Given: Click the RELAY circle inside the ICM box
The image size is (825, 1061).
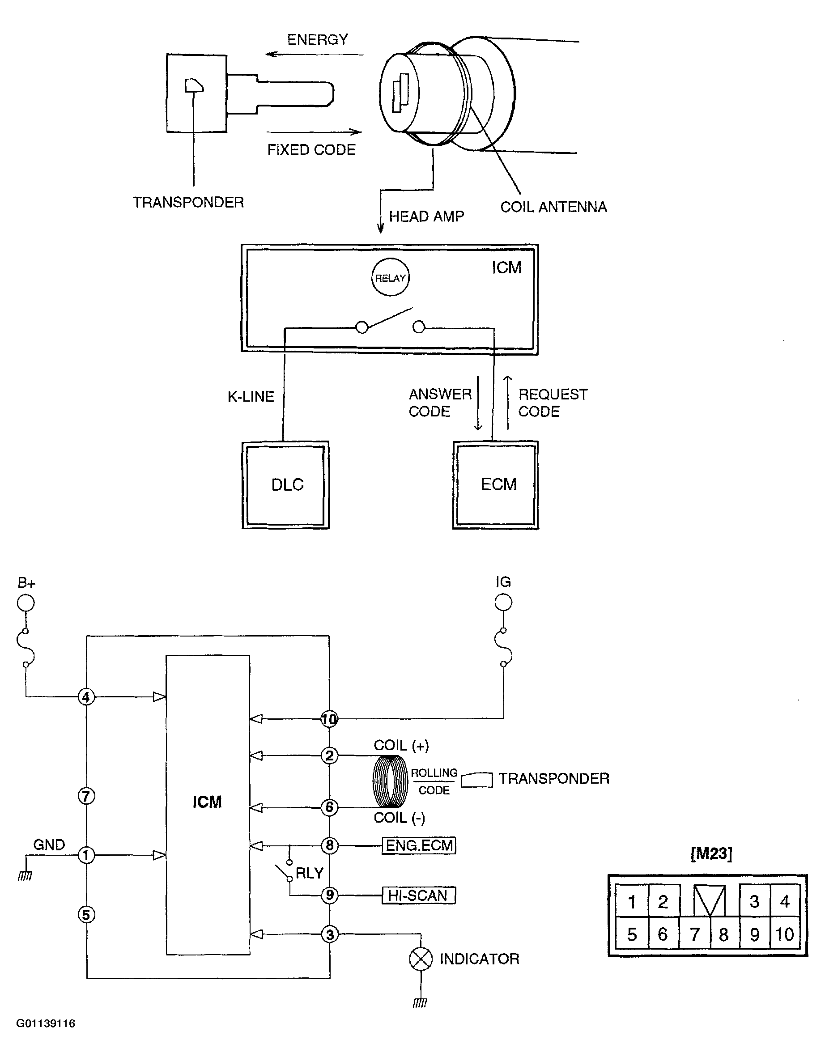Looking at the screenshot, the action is coord(390,277).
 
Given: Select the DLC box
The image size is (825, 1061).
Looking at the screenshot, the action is coord(286,485).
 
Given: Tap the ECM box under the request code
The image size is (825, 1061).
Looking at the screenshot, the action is coord(496,485).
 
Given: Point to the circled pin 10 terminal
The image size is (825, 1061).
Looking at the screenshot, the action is coord(329,719).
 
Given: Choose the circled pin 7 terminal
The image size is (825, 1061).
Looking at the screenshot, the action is coord(86,796).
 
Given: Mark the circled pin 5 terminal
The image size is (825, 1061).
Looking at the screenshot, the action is coord(86,915).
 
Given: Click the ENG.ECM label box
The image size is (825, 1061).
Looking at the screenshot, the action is coord(419,846).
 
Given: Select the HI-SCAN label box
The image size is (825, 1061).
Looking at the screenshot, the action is coord(419,895).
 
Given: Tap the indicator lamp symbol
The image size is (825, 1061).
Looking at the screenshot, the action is coord(421,959).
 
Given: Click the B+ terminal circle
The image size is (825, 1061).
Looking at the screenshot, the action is coord(26,603).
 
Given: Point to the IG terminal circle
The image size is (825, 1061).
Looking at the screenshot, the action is coord(503,603).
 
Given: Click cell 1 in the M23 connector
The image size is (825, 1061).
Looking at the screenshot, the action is coord(632,901).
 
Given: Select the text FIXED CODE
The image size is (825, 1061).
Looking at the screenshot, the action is coord(311,150).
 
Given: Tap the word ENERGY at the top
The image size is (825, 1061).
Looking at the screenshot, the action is coord(318,39).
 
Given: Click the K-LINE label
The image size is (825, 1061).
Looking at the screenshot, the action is coord(251,396).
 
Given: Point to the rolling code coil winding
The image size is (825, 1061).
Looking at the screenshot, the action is coord(390,781).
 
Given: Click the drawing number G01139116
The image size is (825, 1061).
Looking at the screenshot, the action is coord(46,1023).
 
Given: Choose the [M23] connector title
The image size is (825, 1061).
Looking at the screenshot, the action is coord(711,853).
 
